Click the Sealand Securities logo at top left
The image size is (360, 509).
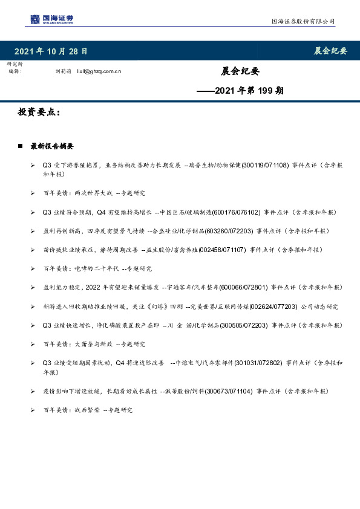pos(51,19)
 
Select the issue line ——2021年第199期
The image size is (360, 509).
pos(240,91)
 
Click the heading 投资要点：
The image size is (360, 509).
pos(39,113)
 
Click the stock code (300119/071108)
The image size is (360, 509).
pos(266,164)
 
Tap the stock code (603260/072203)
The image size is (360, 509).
pos(229,231)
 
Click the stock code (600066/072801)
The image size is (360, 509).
pos(245,287)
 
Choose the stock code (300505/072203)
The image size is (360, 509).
pos(245,325)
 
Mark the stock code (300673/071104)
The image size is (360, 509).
pos(228,392)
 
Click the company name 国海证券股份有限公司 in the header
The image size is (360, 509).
pos(302,22)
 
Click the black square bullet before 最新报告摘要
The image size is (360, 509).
pos(21,146)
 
